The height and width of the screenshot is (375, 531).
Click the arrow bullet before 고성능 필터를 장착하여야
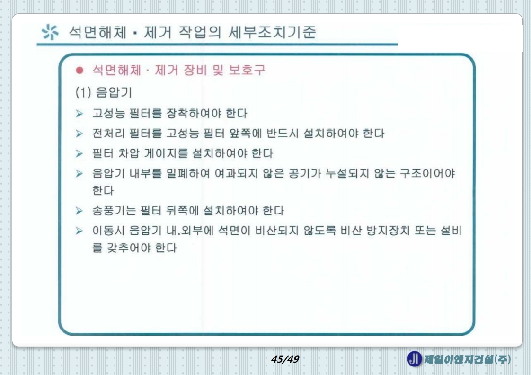tap(80, 114)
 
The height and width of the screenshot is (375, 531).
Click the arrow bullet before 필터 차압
tap(80, 153)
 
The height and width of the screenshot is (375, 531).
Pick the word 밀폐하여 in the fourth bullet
tap(183, 174)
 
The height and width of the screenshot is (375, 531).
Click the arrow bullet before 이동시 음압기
tap(80, 231)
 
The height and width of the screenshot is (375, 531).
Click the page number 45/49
tap(285, 359)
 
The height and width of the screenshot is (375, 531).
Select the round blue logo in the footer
tap(414, 359)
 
